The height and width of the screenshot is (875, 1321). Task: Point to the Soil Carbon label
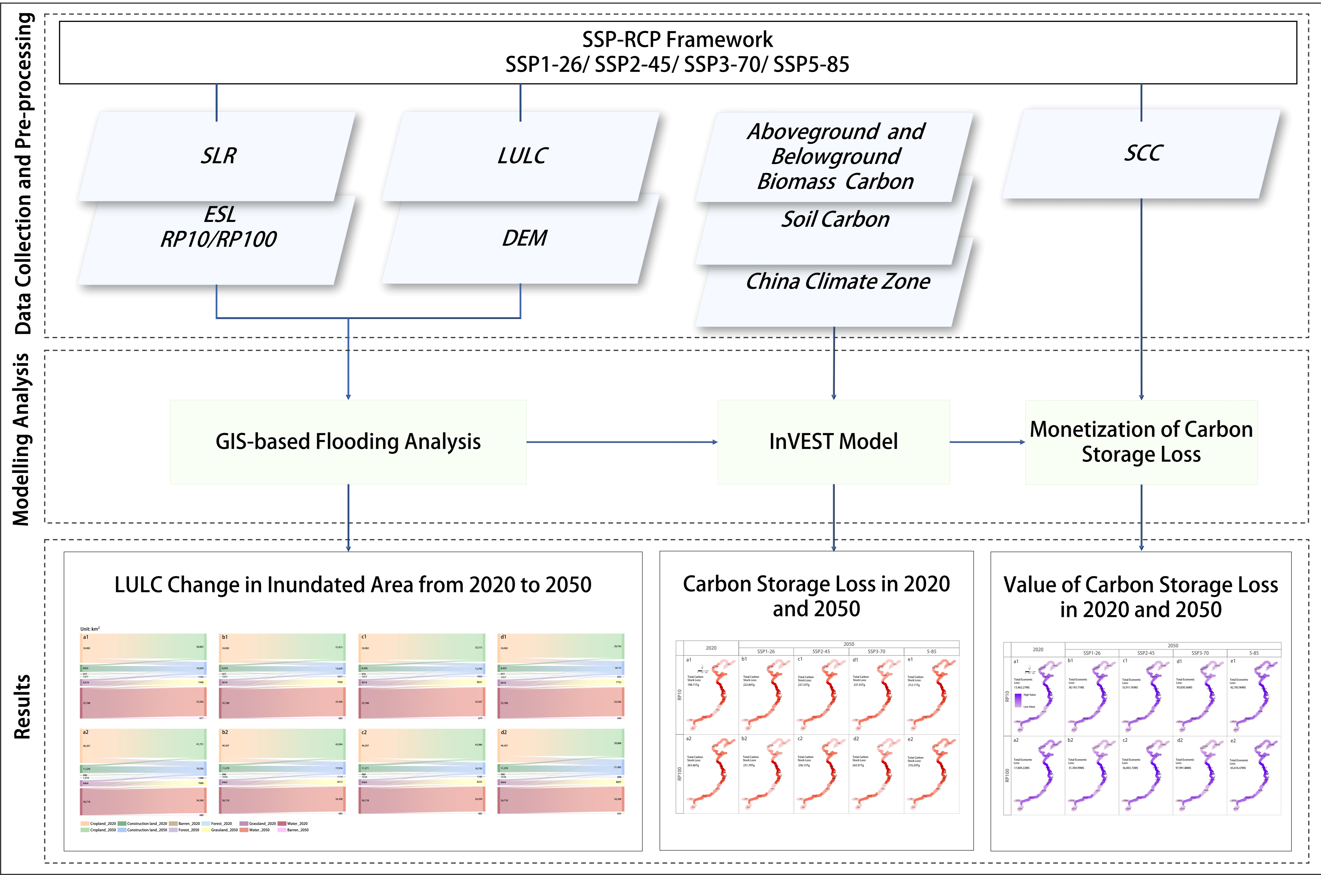835,219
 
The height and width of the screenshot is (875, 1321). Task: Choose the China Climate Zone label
838,281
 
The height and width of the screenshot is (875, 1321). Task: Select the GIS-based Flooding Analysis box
348,441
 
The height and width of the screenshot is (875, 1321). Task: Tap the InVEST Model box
833,441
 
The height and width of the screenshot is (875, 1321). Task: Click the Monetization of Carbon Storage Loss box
1141,441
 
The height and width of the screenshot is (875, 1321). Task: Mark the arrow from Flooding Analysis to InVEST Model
621,442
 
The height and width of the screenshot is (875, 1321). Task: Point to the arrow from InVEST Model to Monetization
987,442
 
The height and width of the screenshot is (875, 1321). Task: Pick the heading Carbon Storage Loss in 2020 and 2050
816,596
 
